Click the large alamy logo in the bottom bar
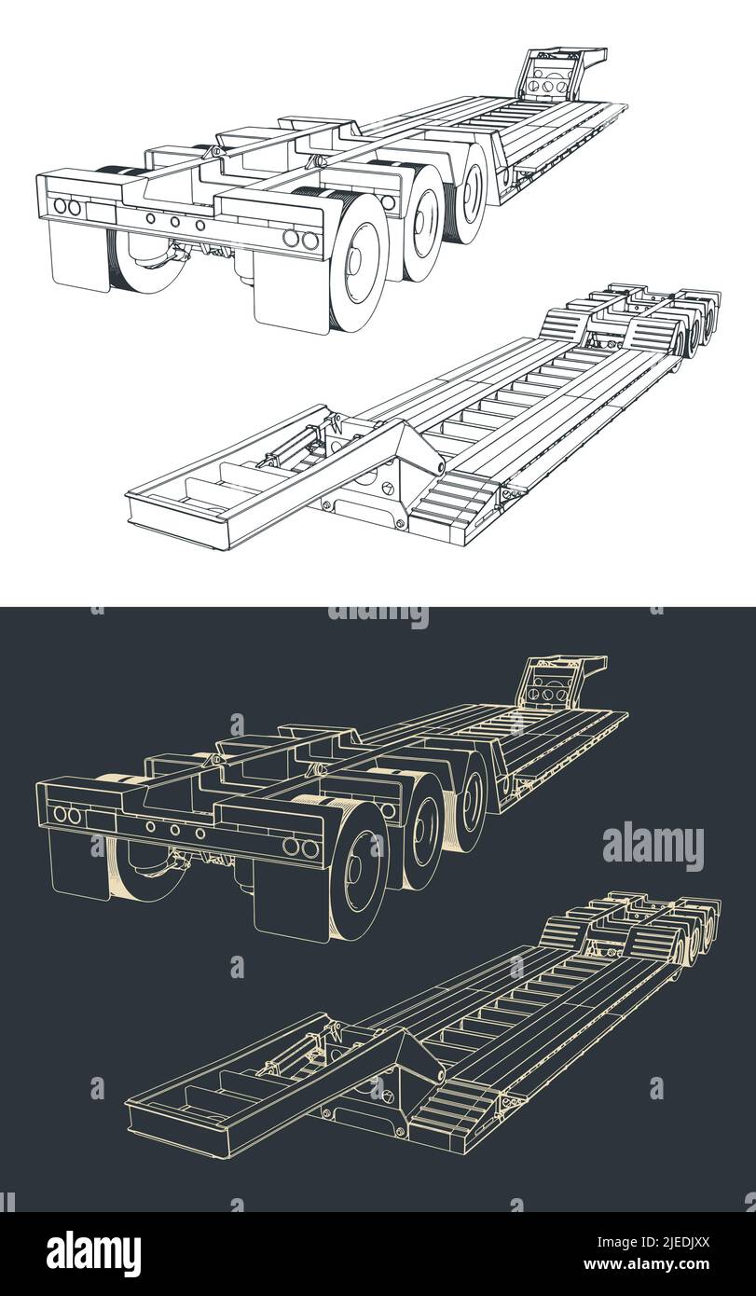93,1253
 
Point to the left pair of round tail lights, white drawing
67,207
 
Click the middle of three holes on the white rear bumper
174,222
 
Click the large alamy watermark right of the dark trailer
653,846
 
